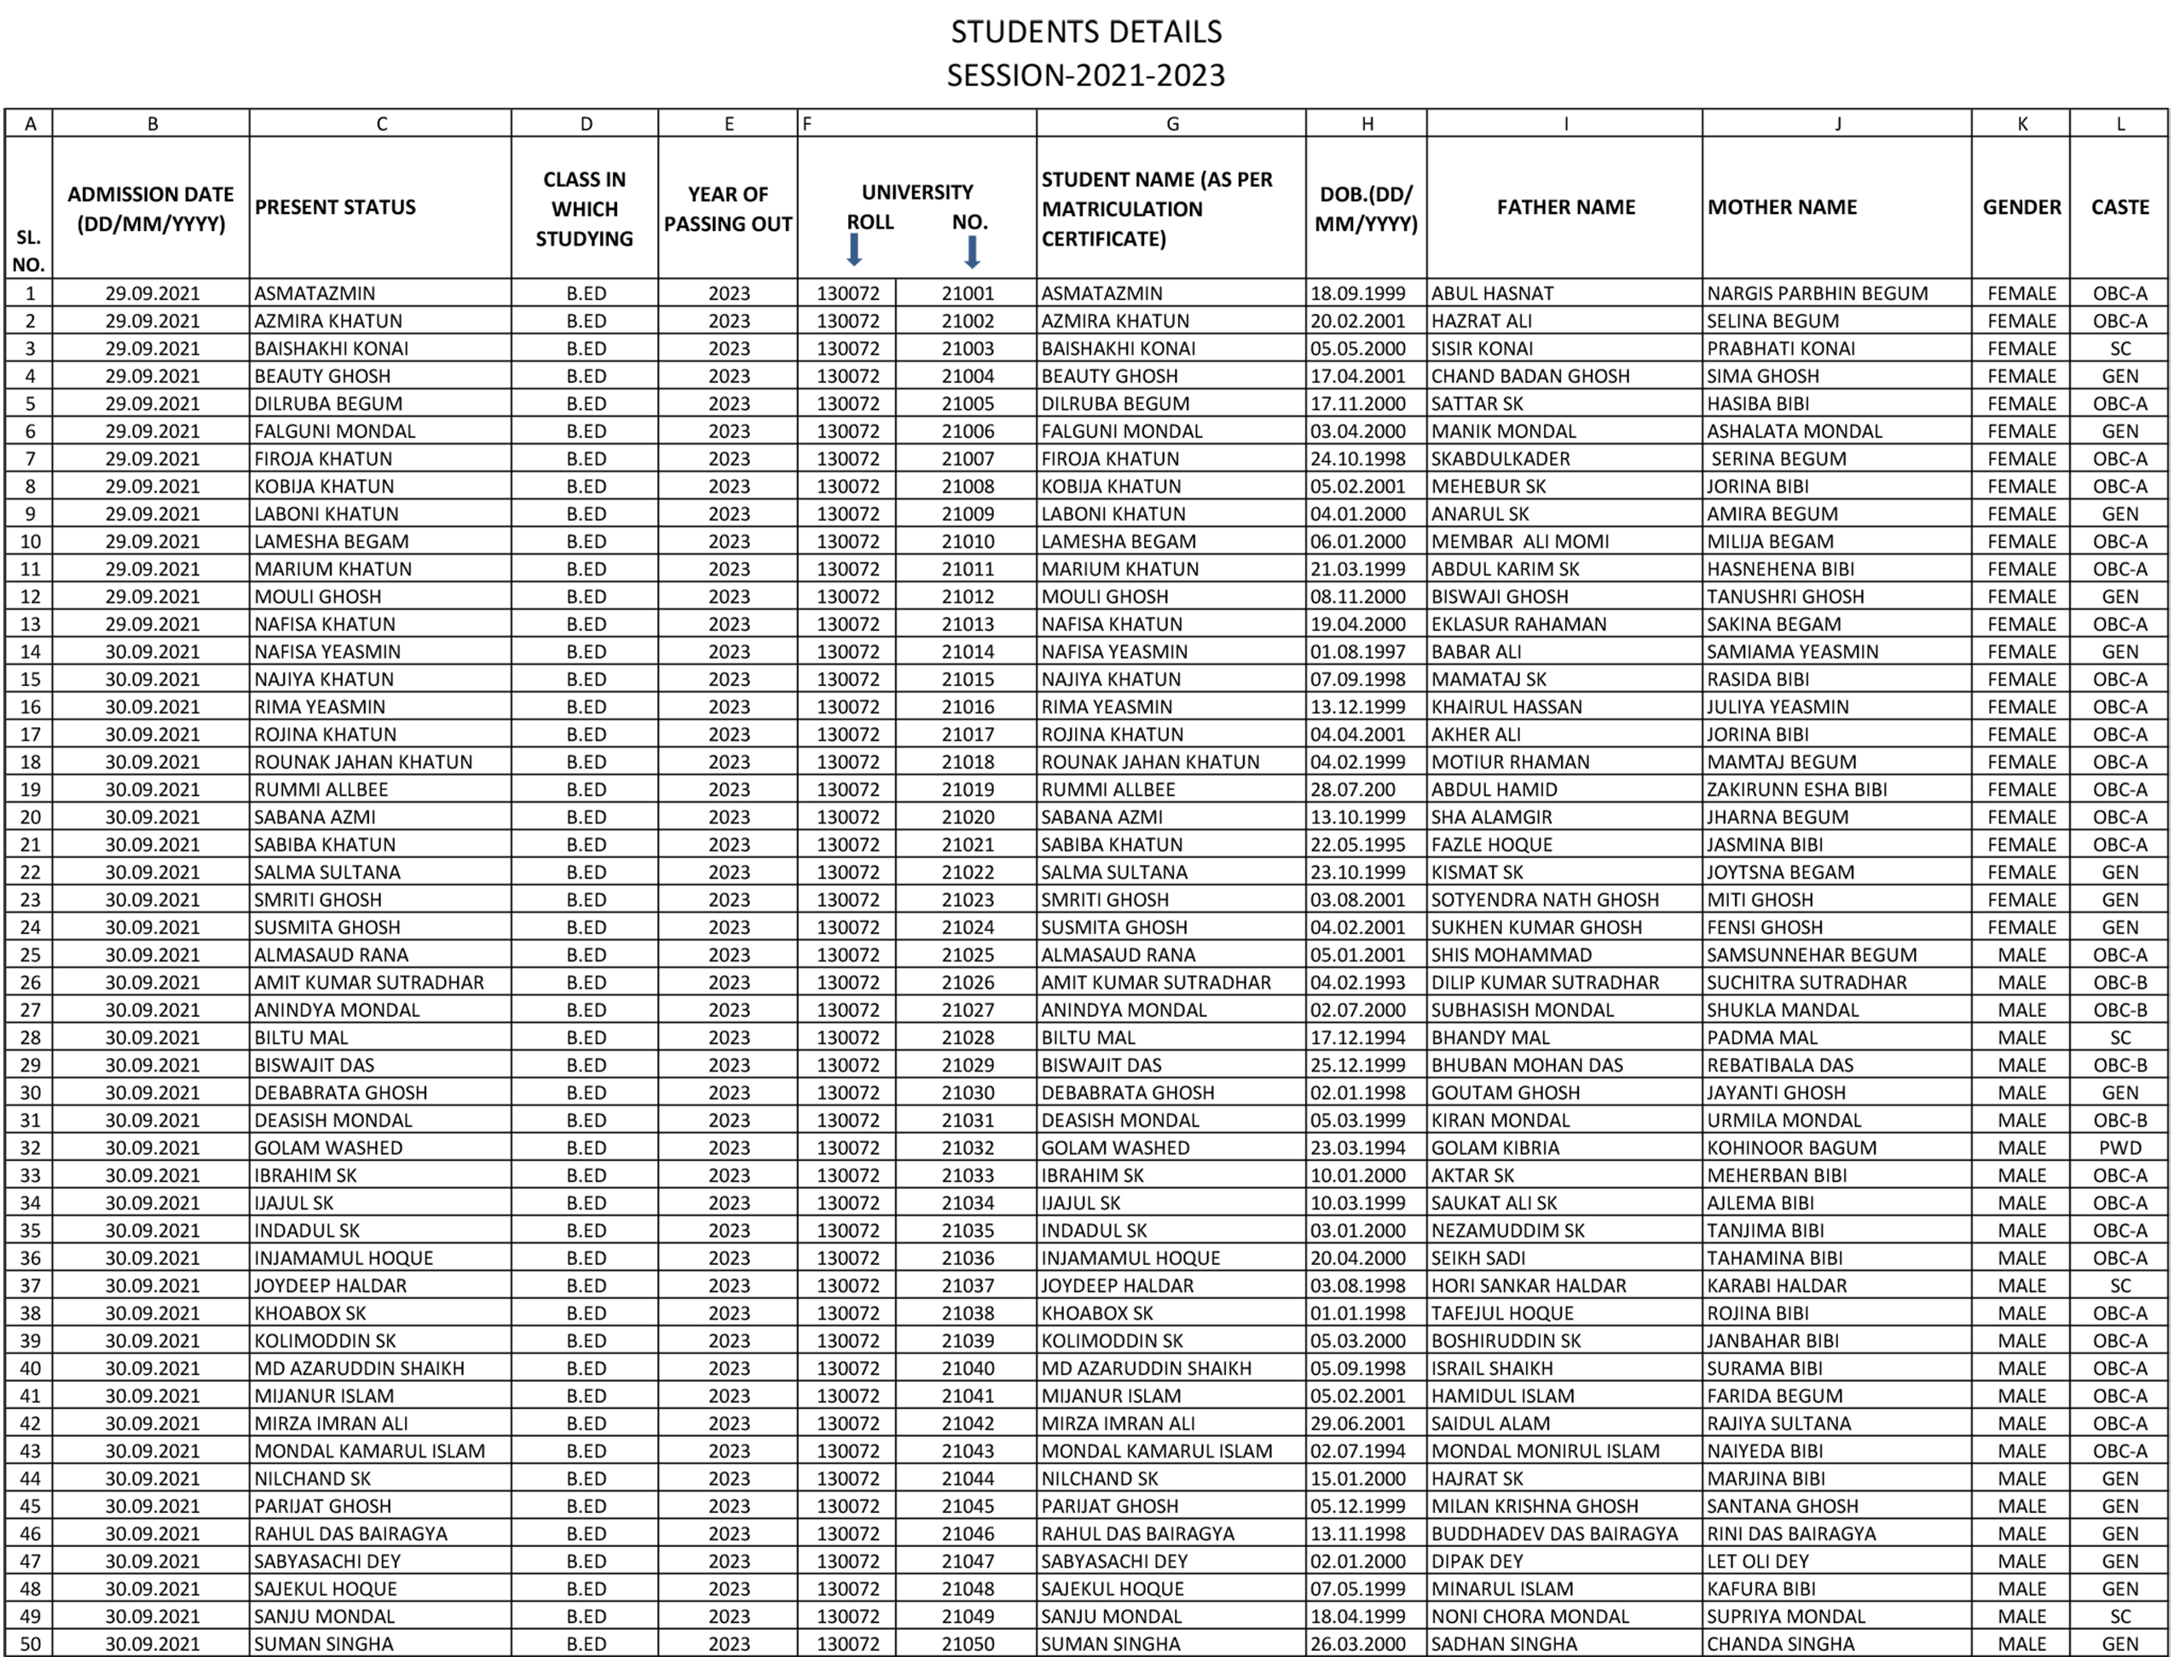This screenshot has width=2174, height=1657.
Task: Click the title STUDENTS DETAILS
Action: [x=1086, y=32]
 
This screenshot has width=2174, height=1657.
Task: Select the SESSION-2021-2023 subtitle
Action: [x=1086, y=75]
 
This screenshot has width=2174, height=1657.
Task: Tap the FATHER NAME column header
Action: [x=1565, y=207]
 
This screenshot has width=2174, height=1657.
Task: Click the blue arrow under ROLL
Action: [x=854, y=251]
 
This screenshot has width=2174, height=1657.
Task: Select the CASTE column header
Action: [x=2119, y=207]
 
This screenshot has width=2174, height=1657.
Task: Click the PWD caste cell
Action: [x=2119, y=1148]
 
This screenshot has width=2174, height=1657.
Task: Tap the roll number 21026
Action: [x=968, y=983]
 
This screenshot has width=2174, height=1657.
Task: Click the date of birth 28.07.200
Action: [x=1352, y=790]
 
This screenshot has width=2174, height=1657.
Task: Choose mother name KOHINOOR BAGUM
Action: [x=1791, y=1148]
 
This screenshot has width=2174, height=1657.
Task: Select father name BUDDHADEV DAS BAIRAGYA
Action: [x=1553, y=1533]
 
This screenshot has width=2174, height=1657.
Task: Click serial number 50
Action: [x=30, y=1644]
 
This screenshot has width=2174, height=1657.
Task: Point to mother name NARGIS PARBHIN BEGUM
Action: [x=1817, y=294]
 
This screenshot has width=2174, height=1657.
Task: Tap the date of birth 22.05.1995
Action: [x=1357, y=846]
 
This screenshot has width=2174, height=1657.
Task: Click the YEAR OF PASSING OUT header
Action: [x=728, y=209]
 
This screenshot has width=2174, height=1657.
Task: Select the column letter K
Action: [x=2022, y=124]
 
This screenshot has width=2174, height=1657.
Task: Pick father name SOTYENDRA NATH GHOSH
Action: [x=1545, y=900]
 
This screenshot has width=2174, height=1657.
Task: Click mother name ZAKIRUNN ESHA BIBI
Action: [x=1796, y=790]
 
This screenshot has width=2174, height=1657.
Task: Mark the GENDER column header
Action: [x=2022, y=207]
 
